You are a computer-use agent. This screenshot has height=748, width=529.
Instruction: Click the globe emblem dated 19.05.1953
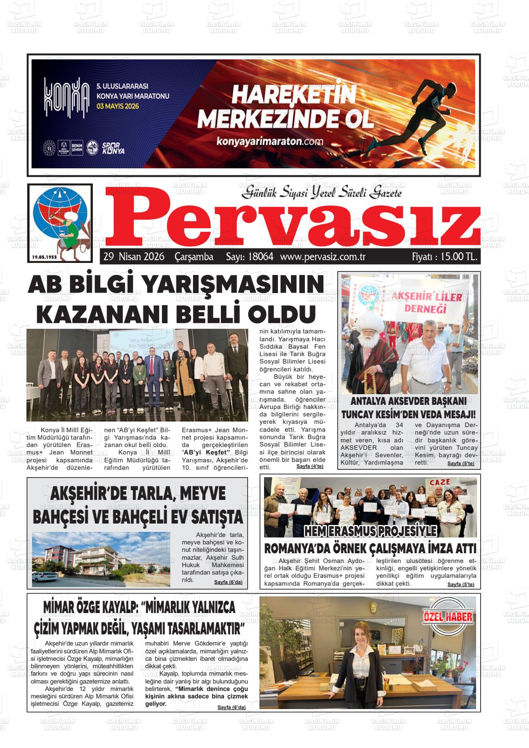[61, 220]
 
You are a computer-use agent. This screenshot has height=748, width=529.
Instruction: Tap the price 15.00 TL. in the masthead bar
[445, 256]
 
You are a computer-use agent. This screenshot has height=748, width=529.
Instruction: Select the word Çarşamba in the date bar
[194, 256]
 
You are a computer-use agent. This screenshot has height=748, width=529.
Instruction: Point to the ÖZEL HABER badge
[448, 617]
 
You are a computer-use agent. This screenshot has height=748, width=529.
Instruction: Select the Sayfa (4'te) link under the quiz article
[310, 466]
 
